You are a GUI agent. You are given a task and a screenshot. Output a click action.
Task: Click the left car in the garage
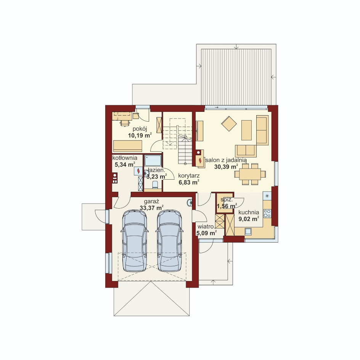pyautogui.click(x=135, y=241)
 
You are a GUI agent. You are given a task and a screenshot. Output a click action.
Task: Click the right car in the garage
pyautogui.click(x=169, y=241)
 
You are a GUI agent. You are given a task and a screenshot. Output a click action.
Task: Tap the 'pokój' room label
pyautogui.click(x=140, y=129)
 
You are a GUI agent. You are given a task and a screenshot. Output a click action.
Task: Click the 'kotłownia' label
pyautogui.click(x=125, y=158)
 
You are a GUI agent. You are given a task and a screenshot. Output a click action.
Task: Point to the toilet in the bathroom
pyautogui.click(x=155, y=184)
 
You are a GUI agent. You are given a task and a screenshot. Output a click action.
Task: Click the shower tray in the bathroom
pyautogui.click(x=153, y=161)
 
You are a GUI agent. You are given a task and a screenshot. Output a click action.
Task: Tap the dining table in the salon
pyautogui.click(x=250, y=174)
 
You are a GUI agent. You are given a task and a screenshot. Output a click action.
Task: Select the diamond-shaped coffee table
pyautogui.click(x=229, y=124)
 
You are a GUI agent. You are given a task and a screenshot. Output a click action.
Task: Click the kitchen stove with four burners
pyautogui.click(x=267, y=213)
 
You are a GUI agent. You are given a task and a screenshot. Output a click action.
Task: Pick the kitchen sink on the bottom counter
pyautogui.click(x=248, y=231)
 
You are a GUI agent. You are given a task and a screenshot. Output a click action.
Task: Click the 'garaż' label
pyautogui.click(x=151, y=202)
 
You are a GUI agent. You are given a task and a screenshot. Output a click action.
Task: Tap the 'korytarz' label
pyautogui.click(x=189, y=176)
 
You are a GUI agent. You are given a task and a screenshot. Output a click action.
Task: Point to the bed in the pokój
pyautogui.click(x=128, y=146)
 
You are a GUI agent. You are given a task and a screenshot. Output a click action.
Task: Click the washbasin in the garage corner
pyautogui.click(x=190, y=203)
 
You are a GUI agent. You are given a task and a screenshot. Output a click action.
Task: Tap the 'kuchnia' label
pyautogui.click(x=248, y=212)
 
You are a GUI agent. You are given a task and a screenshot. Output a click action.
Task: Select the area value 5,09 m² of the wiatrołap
pyautogui.click(x=207, y=233)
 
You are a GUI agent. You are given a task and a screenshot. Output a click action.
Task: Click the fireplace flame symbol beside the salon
pyautogui.click(x=200, y=160)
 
